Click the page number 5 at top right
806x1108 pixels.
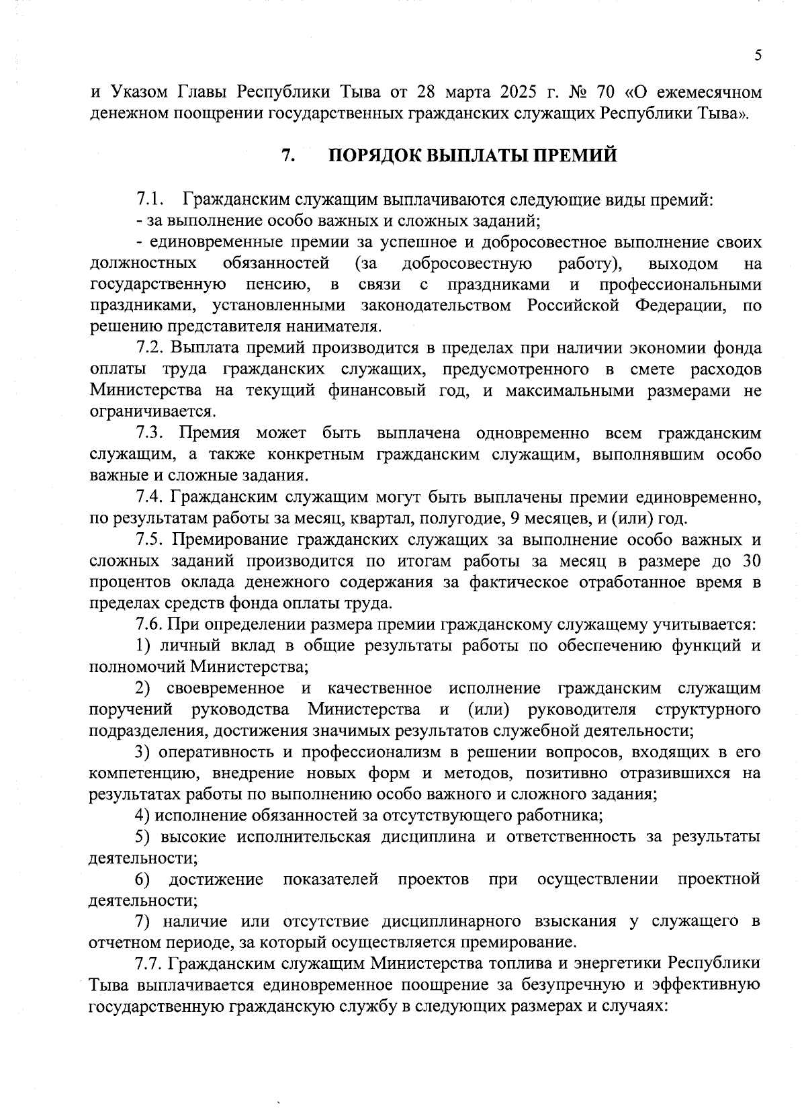click(x=758, y=56)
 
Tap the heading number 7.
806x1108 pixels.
click(x=287, y=156)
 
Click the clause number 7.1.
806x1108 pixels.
click(x=150, y=200)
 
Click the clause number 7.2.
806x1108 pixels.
click(x=150, y=348)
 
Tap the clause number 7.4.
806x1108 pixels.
click(x=150, y=497)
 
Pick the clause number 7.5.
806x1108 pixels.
click(x=150, y=540)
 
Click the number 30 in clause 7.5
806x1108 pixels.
click(x=751, y=561)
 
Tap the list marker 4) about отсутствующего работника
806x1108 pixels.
click(x=142, y=816)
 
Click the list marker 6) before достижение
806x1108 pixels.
click(x=142, y=880)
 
